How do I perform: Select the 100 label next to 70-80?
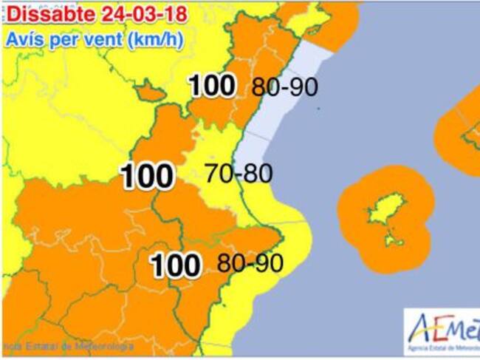(148, 176)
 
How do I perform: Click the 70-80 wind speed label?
(239, 174)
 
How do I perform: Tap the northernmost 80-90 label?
(284, 86)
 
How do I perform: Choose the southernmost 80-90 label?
(250, 262)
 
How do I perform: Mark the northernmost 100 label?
(213, 86)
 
